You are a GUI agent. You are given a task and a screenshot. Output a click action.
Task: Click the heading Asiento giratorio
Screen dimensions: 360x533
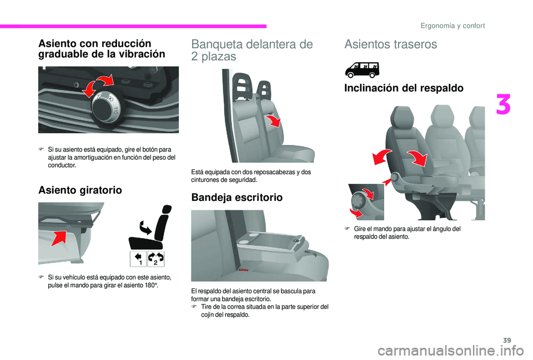tap(80, 190)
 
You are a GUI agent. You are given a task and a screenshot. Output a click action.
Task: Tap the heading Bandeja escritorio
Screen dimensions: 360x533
tap(237, 197)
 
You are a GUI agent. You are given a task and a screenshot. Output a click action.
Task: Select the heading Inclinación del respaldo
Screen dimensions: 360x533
tap(404, 88)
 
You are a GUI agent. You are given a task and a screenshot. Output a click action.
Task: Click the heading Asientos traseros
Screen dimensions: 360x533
tap(390, 44)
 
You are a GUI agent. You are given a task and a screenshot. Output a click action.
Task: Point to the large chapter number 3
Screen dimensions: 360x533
tap(503, 105)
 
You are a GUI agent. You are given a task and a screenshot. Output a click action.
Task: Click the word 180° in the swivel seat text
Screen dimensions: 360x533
tap(159, 285)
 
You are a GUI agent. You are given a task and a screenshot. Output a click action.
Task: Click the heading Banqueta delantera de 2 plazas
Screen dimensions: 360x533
tap(252, 50)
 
